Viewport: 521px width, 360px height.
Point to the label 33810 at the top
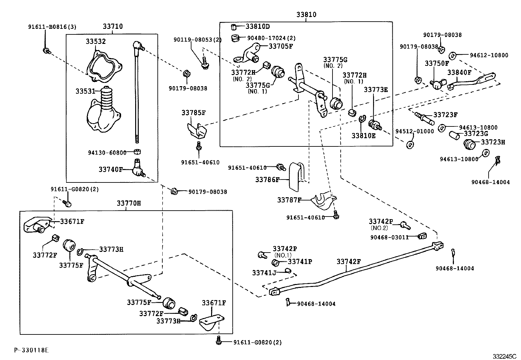click(306, 15)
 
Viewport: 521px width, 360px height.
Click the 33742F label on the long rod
click(349, 262)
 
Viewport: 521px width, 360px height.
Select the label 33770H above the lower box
click(129, 203)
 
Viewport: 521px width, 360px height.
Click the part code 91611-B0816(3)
click(52, 27)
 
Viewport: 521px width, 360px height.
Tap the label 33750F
click(437, 63)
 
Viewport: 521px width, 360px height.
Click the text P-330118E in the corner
click(31, 350)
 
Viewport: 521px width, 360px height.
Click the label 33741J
click(264, 273)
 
